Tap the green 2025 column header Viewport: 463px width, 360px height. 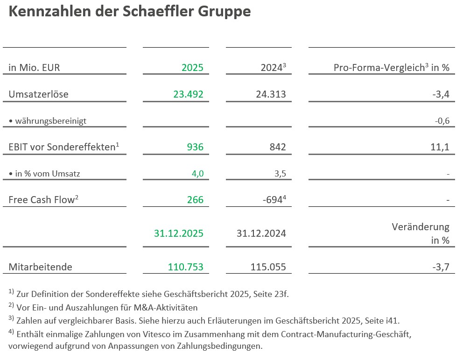click(x=192, y=68)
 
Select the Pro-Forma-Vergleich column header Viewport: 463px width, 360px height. click(x=391, y=68)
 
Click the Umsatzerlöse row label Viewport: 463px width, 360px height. click(x=38, y=94)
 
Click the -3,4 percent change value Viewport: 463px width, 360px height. click(x=441, y=94)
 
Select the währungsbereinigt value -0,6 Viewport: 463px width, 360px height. click(x=442, y=121)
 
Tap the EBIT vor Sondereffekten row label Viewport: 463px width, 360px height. click(x=63, y=147)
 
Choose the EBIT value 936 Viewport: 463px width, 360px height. click(x=195, y=148)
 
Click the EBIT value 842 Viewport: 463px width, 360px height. click(x=277, y=148)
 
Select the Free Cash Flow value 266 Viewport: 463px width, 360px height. click(x=195, y=200)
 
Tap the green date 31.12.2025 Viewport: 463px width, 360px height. click(x=178, y=233)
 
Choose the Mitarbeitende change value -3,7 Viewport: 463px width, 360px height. click(x=441, y=267)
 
